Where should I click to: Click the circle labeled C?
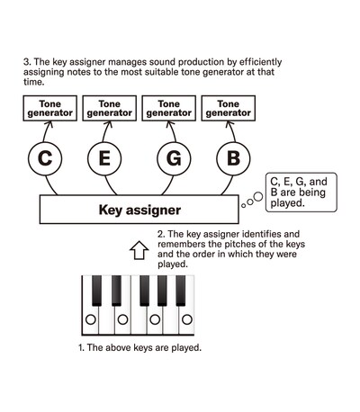click(45, 160)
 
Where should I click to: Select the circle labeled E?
click(104, 160)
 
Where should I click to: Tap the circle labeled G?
click(174, 160)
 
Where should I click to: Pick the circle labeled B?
click(233, 160)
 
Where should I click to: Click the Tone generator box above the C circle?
click(48, 109)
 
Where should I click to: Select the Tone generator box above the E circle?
click(108, 109)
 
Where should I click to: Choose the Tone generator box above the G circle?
click(168, 109)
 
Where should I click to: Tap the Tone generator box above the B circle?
click(228, 109)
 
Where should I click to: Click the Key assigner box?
click(139, 210)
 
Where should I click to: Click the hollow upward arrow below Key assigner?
click(139, 248)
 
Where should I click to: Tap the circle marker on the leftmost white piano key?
click(90, 319)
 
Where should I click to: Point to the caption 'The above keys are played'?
click(139, 347)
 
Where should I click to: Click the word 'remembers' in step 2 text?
click(185, 244)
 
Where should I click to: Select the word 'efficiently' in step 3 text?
click(255, 62)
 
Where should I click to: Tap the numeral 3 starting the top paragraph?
click(25, 62)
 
